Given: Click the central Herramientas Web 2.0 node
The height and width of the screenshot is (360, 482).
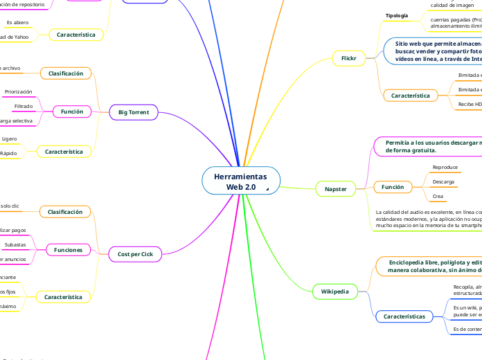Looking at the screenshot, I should tap(240, 182).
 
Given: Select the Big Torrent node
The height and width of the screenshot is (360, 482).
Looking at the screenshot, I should tap(134, 111).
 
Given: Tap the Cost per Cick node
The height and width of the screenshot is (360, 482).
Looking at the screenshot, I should tap(135, 255).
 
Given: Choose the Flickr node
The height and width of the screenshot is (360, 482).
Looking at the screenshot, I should tap(348, 59).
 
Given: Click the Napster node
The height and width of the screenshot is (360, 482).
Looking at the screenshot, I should tap(335, 188).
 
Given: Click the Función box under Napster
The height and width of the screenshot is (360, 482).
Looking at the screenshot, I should tap(393, 187).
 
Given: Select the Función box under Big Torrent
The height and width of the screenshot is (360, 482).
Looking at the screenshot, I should tap(72, 111).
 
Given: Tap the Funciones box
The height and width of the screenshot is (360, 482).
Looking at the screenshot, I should tap(69, 249).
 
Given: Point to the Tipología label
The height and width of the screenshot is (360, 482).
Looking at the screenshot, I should tap(397, 15).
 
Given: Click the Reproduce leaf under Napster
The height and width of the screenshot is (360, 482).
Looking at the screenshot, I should tap(445, 168).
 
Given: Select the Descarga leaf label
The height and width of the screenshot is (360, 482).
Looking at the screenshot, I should tap(443, 182).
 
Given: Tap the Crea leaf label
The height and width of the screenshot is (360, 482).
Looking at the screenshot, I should tap(438, 197).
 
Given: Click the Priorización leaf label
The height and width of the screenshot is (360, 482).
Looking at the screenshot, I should tap(19, 91).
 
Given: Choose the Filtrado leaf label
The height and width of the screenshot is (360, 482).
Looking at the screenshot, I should tap(24, 106).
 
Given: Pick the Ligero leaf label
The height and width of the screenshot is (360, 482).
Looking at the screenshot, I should tap(9, 139).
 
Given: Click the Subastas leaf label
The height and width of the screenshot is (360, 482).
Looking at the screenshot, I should tap(15, 244).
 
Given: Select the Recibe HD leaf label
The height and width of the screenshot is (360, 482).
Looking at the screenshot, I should tap(470, 104).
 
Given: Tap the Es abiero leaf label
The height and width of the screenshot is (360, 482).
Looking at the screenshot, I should tap(17, 22).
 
